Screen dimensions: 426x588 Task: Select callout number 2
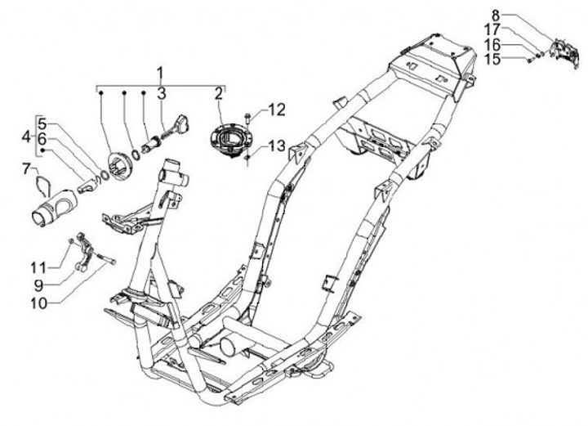[219, 92]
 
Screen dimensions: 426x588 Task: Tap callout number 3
[161, 92]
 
